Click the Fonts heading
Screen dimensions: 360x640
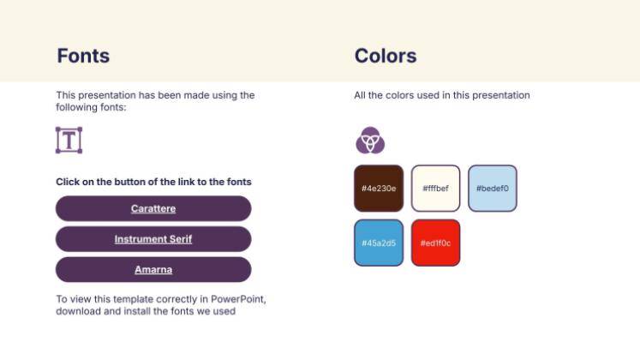point(83,57)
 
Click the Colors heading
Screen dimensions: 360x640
point(386,57)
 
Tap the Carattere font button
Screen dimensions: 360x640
point(153,208)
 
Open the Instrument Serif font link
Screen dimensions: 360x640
point(153,239)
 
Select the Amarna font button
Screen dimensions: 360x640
point(153,269)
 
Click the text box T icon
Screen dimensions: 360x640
point(69,140)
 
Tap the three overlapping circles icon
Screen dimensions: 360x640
point(370,140)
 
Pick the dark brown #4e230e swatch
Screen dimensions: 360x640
point(378,188)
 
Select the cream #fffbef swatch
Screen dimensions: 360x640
point(435,188)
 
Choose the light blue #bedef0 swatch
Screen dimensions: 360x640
point(493,188)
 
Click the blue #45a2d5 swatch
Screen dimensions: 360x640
point(378,243)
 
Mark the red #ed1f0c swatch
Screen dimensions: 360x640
point(435,243)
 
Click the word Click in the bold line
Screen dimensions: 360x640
point(69,182)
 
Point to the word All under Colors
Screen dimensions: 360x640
point(360,95)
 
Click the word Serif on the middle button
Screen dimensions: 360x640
point(180,239)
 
